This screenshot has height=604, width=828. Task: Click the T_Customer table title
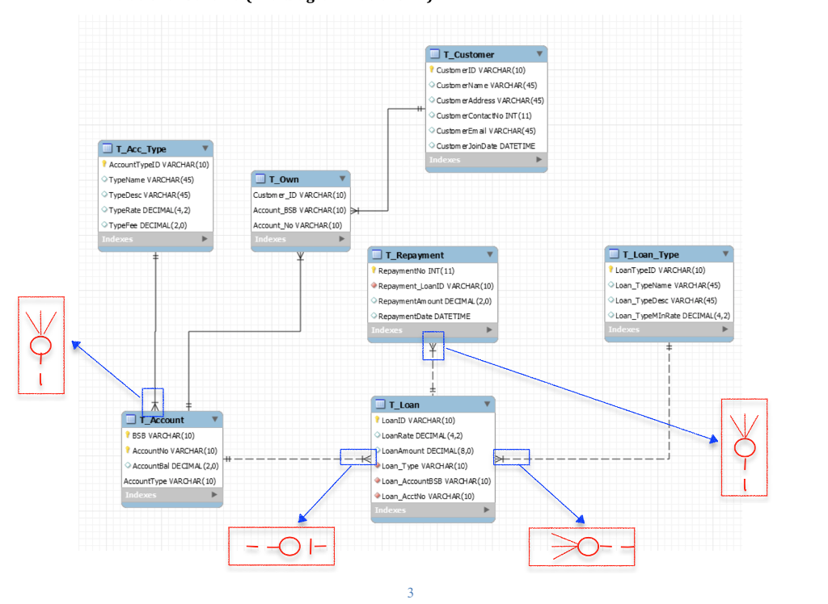pyautogui.click(x=468, y=54)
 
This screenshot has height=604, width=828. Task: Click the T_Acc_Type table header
pyautogui.click(x=141, y=149)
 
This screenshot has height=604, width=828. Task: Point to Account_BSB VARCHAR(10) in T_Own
pyautogui.click(x=299, y=210)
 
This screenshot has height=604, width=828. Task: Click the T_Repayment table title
pyautogui.click(x=414, y=255)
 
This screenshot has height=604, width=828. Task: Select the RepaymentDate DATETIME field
pyautogui.click(x=424, y=317)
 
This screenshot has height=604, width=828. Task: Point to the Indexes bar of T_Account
pyautogui.click(x=171, y=495)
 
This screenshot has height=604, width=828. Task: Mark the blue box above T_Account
pyautogui.click(x=153, y=401)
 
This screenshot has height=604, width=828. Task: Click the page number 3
pyautogui.click(x=410, y=594)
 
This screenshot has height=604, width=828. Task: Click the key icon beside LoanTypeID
pyautogui.click(x=611, y=271)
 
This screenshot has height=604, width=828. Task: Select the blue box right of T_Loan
pyautogui.click(x=511, y=458)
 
